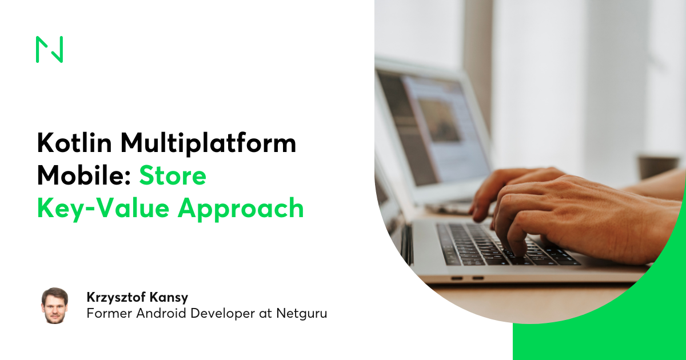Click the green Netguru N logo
[49, 49]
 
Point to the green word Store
[173, 176]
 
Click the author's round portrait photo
[55, 305]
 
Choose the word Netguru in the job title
[302, 314]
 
